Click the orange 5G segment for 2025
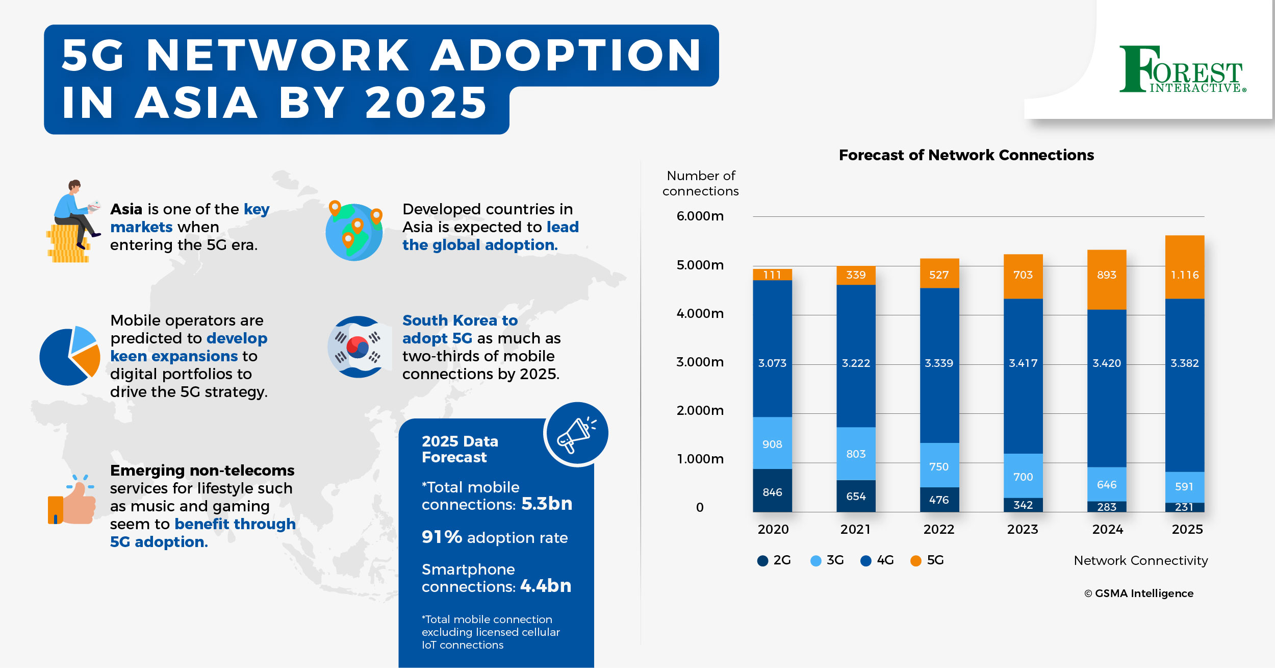[1184, 267]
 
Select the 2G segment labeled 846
[772, 490]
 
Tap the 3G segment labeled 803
[856, 454]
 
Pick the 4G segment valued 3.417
[1023, 376]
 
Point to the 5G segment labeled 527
[939, 274]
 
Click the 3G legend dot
[815, 561]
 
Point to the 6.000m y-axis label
[700, 216]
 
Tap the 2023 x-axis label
[1023, 529]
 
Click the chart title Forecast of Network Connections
[966, 155]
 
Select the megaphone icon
[576, 434]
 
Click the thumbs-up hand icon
[72, 500]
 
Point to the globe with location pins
[354, 231]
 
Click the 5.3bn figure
[547, 504]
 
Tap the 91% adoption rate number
[442, 537]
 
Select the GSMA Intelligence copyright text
[1138, 593]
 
